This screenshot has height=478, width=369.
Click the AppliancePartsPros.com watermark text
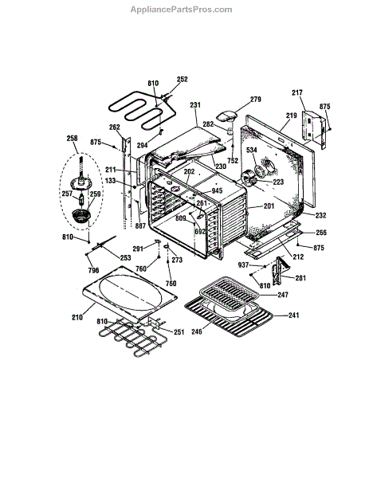click(181, 10)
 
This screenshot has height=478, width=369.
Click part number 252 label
click(182, 79)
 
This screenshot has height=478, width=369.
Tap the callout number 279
click(256, 100)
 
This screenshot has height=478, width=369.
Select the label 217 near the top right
click(296, 92)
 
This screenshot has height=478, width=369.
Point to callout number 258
click(72, 139)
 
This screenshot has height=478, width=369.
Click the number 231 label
click(195, 105)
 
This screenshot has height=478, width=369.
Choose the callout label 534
click(252, 150)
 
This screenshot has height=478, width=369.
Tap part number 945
click(217, 191)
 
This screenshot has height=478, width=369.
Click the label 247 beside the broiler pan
click(283, 295)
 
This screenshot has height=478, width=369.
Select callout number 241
click(293, 315)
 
